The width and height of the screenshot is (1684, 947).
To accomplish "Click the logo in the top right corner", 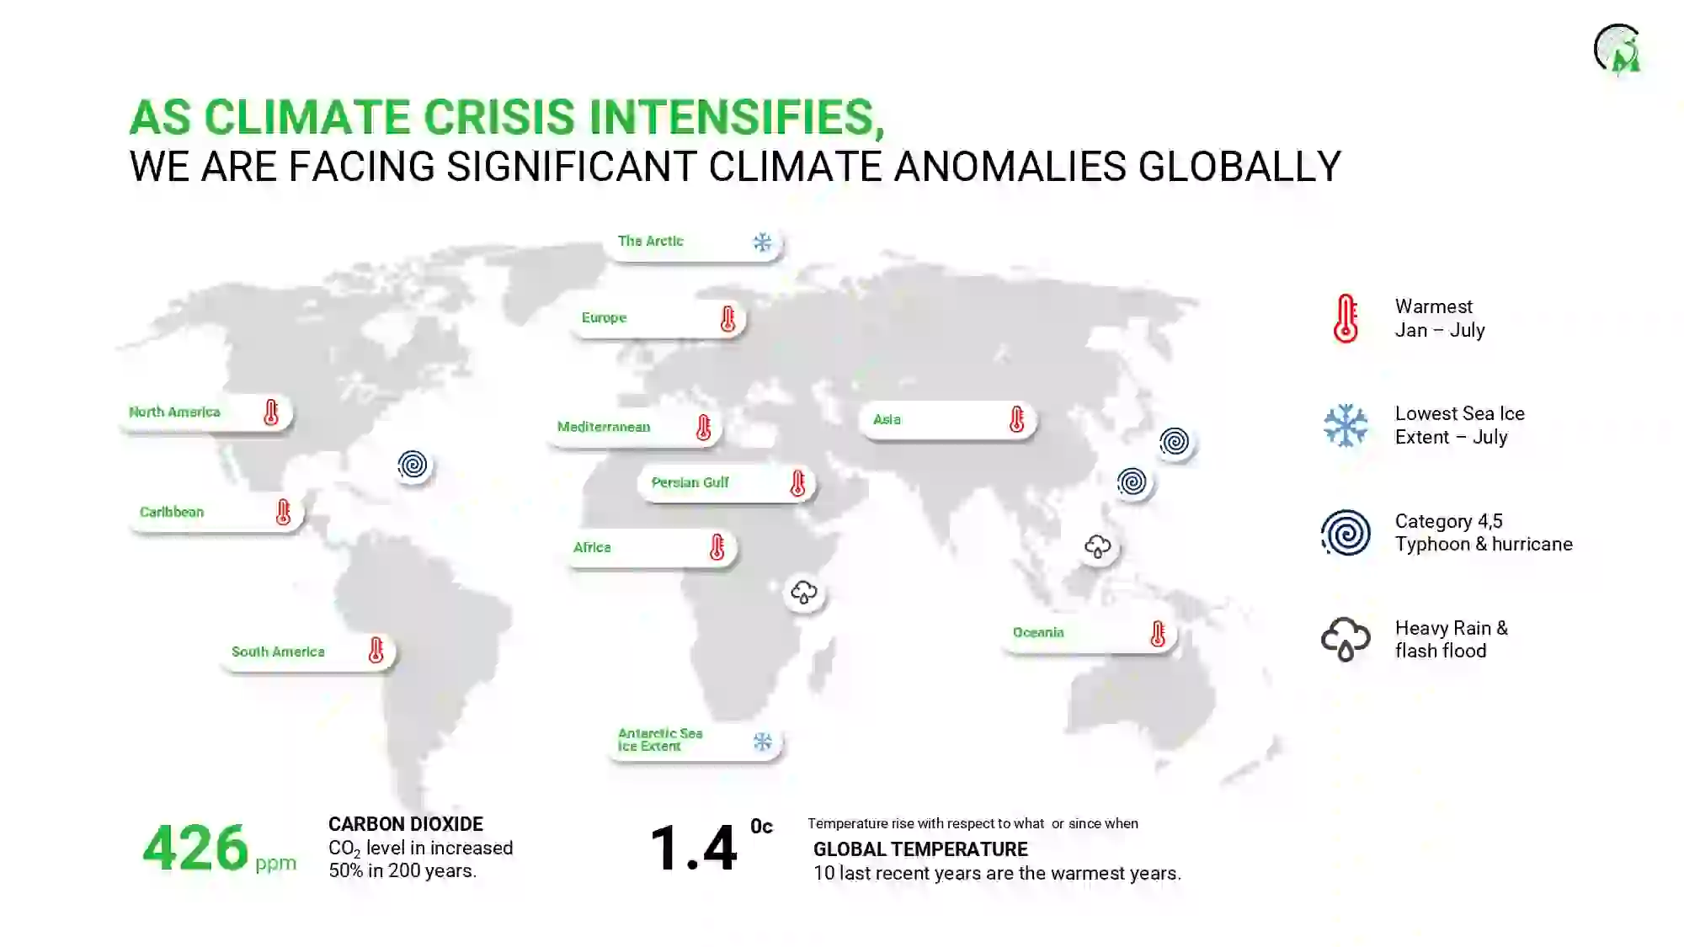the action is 1617,49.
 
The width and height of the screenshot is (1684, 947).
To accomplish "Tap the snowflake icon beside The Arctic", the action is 762,242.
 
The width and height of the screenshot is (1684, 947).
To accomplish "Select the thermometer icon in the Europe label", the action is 727,319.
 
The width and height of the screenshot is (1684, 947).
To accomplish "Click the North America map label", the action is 205,412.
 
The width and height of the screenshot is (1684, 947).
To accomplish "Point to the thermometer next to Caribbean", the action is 283,512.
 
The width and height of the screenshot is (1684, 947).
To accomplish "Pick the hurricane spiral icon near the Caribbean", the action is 413,465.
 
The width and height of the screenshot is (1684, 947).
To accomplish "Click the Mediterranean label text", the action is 604,427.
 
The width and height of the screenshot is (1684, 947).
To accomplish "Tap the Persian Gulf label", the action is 726,483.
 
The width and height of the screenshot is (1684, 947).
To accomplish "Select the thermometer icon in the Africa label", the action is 717,547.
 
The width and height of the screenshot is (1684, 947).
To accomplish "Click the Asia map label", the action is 947,420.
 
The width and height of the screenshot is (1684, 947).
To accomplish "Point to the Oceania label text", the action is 1038,632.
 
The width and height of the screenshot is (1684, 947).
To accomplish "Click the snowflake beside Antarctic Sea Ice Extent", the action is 763,742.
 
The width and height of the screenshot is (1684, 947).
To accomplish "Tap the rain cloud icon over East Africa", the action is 804,592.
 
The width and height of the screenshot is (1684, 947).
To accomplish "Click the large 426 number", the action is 195,848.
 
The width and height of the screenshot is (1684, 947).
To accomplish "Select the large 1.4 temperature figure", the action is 694,848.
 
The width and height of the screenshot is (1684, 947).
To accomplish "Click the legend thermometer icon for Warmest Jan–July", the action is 1346,318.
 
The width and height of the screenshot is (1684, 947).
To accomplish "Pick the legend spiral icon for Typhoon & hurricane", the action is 1346,532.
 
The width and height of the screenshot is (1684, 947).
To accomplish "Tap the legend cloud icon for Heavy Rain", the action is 1346,639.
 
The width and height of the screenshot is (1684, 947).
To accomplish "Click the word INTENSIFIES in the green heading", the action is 732,117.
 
